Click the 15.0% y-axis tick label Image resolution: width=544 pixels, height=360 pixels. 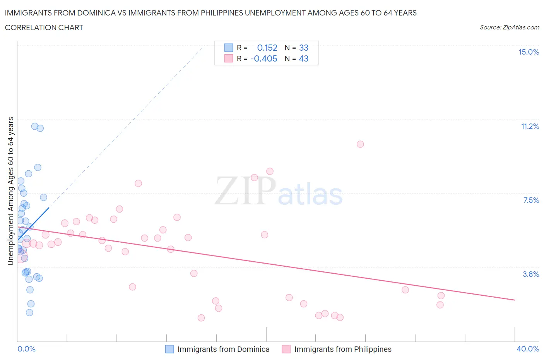pos(529,52)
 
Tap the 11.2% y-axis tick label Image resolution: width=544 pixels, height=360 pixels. pos(530,126)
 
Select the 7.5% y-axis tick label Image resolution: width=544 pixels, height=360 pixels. pos(531,200)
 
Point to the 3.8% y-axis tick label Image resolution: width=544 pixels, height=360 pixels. pos(531,274)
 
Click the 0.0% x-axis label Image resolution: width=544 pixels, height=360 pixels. pos(26,349)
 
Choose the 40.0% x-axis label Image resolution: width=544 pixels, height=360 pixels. pos(528,349)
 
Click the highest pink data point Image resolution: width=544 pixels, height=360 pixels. pos(360,144)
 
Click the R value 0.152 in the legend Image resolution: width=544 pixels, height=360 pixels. pos(267,48)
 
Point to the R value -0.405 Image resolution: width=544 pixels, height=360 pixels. pos(264,58)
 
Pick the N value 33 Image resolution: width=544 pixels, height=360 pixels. pos(304,48)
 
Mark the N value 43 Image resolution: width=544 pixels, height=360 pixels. pos(304,58)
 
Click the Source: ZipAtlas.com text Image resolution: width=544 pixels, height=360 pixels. pos(509,27)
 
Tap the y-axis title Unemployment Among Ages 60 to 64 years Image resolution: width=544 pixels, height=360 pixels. pos(10,191)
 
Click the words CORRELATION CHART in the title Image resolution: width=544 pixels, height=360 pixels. pos(44,27)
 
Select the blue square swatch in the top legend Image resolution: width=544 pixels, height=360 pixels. pos(229,48)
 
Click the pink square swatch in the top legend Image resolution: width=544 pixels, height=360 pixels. pos(229,58)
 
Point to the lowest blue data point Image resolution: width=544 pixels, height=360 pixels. pos(29,312)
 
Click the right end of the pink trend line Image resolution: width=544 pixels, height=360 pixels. pos(515,300)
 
